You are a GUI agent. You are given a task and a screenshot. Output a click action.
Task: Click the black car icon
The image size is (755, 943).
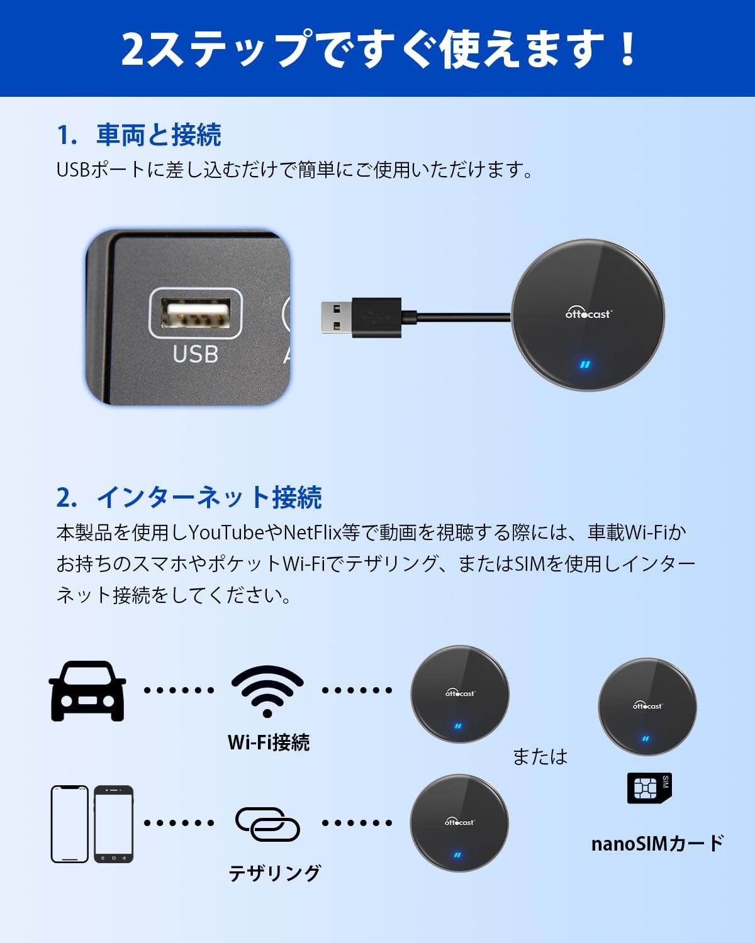click(x=87, y=691)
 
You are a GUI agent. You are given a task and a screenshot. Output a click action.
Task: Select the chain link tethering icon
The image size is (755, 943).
click(x=267, y=824)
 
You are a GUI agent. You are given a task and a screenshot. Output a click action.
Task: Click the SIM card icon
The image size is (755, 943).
click(x=649, y=788)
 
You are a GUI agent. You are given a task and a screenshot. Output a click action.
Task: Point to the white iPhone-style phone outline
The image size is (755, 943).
click(x=69, y=824)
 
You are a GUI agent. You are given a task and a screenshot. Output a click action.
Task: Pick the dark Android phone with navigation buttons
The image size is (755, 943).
click(x=114, y=824)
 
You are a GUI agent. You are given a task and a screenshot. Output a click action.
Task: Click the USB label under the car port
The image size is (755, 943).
click(x=195, y=355)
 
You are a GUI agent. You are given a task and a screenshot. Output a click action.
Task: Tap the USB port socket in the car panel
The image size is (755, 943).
click(x=195, y=313)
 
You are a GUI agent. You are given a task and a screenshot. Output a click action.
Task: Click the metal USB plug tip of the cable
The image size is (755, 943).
click(x=336, y=317)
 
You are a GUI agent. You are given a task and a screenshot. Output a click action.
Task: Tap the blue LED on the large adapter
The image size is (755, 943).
click(x=586, y=365)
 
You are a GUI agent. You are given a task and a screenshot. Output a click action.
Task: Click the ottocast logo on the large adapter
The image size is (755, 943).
click(x=588, y=313)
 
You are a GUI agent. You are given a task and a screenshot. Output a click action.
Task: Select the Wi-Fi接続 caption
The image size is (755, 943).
click(x=269, y=742)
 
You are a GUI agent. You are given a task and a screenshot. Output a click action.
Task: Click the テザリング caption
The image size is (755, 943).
click(x=274, y=873)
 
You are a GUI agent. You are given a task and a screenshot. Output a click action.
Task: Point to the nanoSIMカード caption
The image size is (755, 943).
click(x=657, y=843)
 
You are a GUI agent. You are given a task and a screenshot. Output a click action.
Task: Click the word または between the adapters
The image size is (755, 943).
click(x=540, y=756)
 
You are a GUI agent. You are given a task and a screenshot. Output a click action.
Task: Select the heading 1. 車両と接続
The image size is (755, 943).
click(x=139, y=135)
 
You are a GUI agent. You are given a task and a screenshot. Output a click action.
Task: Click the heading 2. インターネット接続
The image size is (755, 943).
click(x=189, y=497)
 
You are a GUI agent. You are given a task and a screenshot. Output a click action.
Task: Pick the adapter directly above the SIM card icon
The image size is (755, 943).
click(x=647, y=707)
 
